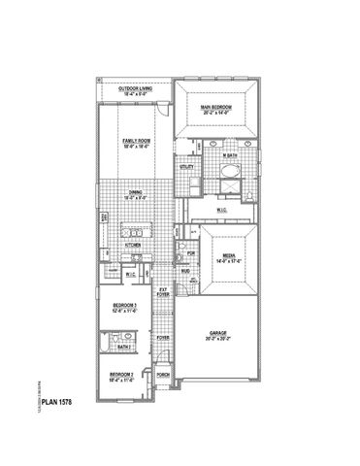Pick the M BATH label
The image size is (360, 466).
pos(230,155)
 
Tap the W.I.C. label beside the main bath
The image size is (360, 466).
pos(223,209)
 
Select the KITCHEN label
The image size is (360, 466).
pos(133,246)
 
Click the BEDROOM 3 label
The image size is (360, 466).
pos(122,307)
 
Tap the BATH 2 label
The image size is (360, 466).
pos(123,347)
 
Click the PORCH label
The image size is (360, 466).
pos(164,373)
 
